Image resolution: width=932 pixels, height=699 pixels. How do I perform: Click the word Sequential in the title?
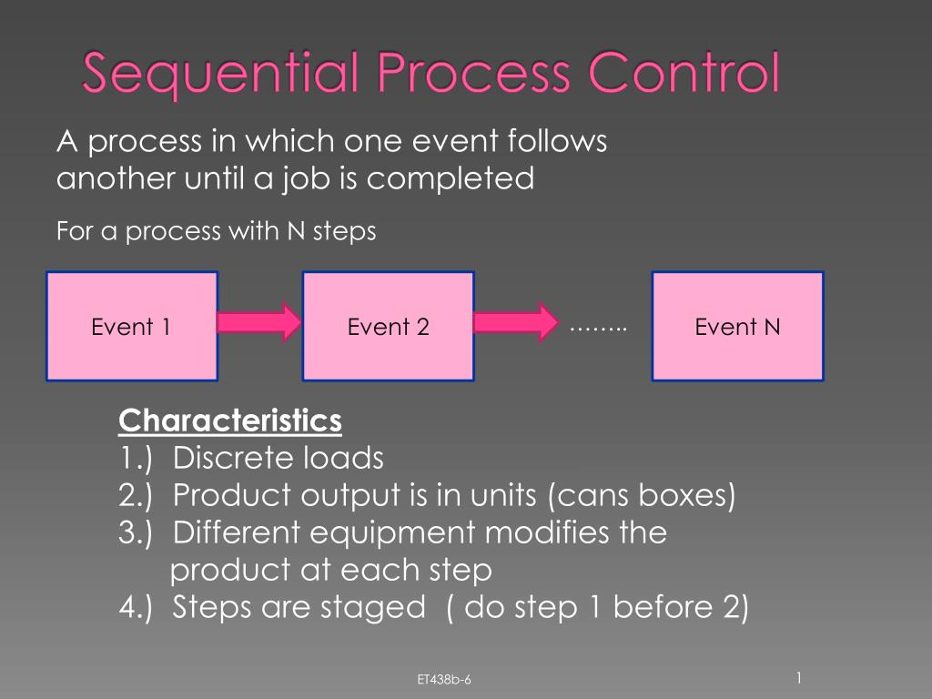coord(220,73)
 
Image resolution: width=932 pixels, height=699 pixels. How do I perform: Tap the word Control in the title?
coord(684,72)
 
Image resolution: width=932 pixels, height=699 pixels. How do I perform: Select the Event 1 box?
coord(132,327)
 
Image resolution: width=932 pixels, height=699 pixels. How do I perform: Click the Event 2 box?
coord(388,327)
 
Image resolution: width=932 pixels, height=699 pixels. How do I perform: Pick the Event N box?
coord(737,327)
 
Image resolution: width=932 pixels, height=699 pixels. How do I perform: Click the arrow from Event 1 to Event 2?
coord(259,322)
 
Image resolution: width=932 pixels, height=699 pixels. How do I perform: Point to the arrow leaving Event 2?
coord(517,322)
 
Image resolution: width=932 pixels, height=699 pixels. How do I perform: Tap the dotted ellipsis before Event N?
coord(599,329)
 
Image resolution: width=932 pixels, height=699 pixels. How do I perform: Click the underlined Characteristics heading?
coord(230,420)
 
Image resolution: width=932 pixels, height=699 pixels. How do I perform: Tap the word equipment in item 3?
coord(393,533)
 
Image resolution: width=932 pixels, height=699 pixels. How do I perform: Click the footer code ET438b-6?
coord(444,679)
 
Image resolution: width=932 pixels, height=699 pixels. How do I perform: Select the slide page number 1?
coord(799,677)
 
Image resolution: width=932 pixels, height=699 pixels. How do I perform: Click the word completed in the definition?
coord(450,178)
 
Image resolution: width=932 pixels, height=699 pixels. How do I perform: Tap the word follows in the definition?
coord(557,141)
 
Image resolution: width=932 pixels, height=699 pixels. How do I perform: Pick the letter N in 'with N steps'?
coord(296,230)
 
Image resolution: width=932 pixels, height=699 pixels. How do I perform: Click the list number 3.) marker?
coord(136,533)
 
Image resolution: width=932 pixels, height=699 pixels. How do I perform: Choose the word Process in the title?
coord(473,72)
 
